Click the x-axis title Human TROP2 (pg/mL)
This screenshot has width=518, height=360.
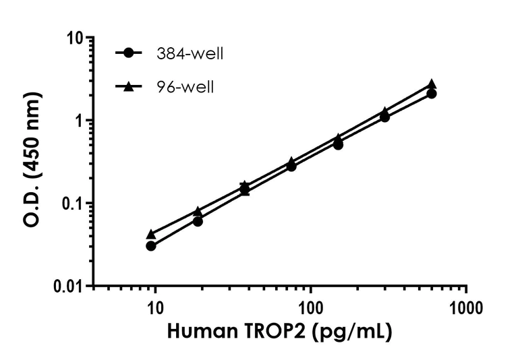coord(279,332)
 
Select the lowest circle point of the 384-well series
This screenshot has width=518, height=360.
coord(151,246)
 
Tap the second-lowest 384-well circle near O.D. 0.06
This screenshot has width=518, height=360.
coord(198,221)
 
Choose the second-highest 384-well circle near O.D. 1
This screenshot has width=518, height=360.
coord(384,117)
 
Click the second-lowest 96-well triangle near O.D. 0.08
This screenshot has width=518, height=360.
coord(198,212)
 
